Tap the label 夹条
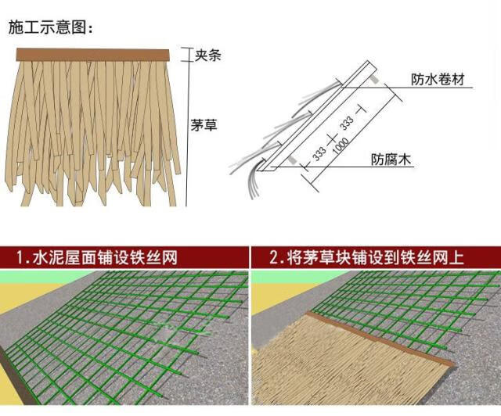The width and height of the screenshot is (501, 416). pos(208,55)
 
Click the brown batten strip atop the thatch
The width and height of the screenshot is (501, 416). pos(92,55)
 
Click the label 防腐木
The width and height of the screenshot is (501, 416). pos(391,160)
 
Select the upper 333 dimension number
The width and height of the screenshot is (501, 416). pos(345,124)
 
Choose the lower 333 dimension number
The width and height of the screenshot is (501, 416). pos(319,151)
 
